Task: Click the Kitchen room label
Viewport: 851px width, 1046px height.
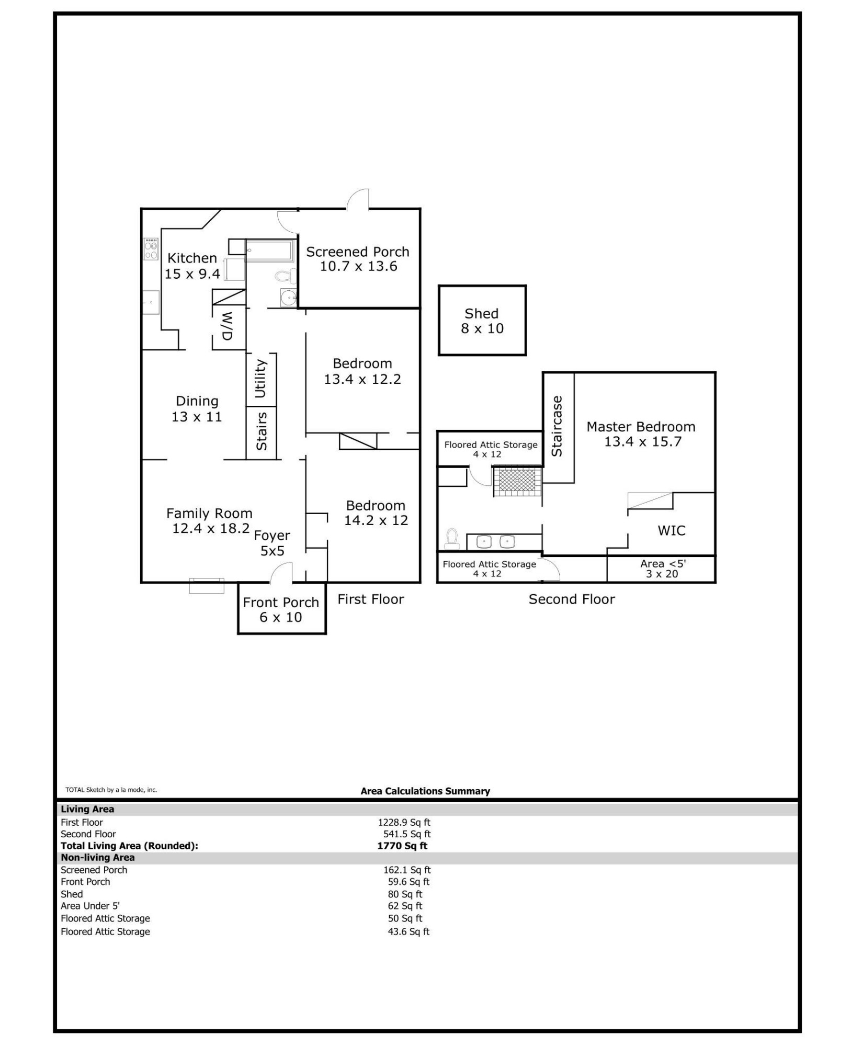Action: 192,258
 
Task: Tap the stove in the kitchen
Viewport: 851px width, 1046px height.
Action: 151,249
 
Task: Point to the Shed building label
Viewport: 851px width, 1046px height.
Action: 481,314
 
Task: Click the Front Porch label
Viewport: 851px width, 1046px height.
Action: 281,602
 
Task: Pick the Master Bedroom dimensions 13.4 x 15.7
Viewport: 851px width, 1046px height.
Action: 643,442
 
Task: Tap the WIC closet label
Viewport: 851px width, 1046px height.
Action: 671,530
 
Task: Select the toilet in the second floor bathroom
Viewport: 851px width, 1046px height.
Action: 451,539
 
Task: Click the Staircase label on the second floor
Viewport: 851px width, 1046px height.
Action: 557,426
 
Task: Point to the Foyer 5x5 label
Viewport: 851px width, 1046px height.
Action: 272,543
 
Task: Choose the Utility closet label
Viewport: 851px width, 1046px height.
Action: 260,378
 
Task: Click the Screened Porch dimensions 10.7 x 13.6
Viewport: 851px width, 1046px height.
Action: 358,267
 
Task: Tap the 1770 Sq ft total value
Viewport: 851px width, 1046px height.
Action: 402,846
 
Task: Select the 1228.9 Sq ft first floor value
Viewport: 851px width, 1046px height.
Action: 404,822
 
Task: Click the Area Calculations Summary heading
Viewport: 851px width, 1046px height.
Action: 425,791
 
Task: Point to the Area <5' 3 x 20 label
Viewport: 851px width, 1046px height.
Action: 662,569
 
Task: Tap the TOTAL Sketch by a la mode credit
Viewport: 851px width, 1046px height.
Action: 111,790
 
